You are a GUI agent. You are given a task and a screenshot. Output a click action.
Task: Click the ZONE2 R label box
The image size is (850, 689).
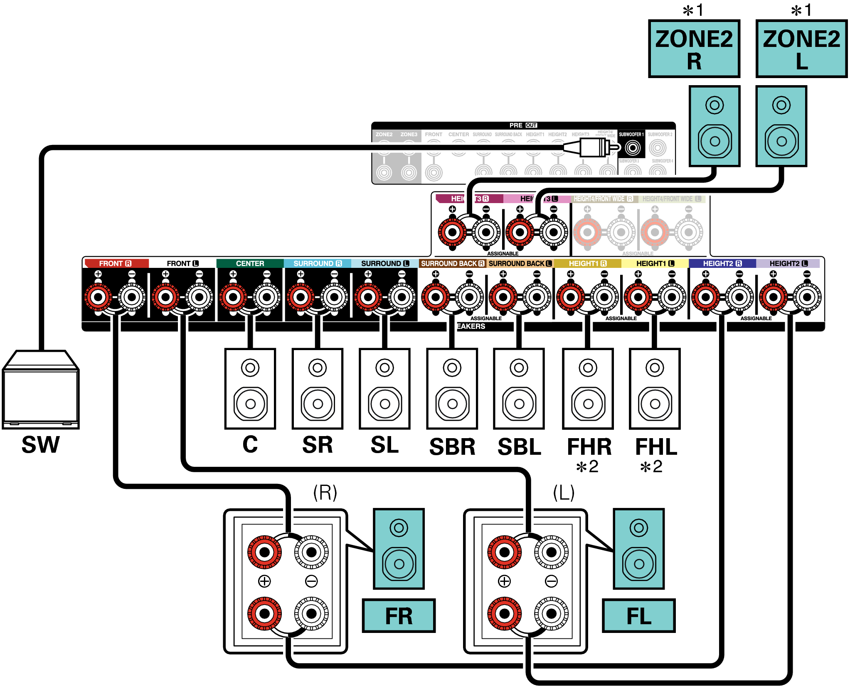(694, 49)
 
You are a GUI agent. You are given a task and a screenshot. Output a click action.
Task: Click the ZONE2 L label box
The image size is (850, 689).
(801, 49)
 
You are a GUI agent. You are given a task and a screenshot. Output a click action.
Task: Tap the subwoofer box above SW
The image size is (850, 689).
(40, 390)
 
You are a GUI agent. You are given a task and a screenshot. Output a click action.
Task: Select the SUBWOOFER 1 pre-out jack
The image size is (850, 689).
(633, 147)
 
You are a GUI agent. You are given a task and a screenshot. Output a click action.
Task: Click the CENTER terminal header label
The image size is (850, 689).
(250, 263)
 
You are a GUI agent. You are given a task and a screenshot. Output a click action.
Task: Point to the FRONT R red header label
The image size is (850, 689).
(115, 263)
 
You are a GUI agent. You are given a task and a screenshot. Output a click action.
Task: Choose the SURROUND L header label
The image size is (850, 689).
(385, 263)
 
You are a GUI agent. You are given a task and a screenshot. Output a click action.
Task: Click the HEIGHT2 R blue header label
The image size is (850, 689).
(722, 263)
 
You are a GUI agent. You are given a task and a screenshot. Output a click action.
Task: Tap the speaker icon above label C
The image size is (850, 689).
(250, 389)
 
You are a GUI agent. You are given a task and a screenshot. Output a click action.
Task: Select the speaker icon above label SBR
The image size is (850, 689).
(452, 389)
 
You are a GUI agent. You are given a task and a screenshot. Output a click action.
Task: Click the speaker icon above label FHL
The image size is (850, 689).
(655, 389)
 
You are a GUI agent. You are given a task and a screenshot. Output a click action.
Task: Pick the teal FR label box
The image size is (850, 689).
(399, 615)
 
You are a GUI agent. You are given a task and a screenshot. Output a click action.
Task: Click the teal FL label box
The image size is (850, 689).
(639, 615)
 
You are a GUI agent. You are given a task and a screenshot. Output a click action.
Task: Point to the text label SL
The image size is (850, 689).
(384, 445)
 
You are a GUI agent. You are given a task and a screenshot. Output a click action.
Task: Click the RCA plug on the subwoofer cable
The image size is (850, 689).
(594, 147)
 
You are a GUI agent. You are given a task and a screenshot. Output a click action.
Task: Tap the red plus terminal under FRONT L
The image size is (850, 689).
(166, 297)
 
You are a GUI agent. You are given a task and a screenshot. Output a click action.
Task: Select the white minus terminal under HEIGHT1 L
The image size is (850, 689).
(672, 297)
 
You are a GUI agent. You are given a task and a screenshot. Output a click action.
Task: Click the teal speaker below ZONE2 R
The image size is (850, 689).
(714, 126)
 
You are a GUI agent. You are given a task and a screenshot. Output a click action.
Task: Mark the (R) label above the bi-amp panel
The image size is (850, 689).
(325, 493)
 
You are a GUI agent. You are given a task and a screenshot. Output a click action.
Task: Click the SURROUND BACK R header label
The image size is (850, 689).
(452, 263)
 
